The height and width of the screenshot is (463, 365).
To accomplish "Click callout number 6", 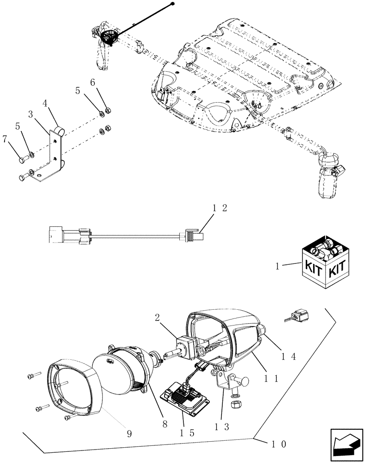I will [92, 82].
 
